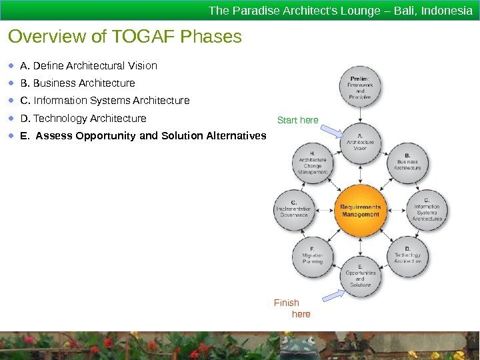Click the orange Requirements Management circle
pos(360,211)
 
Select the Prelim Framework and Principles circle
pos(360,87)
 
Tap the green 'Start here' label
pos(297,120)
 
